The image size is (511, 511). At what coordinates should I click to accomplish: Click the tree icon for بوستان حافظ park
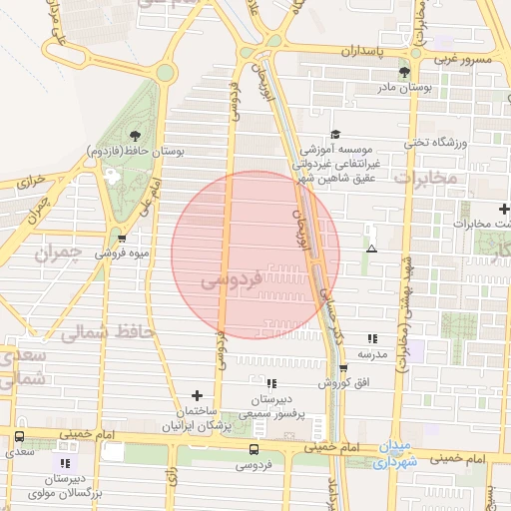coord(134,136)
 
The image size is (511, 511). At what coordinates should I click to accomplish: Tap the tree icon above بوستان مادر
coord(404,72)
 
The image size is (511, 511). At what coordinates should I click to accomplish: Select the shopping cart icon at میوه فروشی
coord(121,239)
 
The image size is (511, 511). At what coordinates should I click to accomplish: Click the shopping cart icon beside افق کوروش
coord(343,368)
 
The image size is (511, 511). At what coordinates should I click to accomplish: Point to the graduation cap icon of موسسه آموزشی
coord(334,134)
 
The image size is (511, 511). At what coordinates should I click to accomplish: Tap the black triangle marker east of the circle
coord(371,249)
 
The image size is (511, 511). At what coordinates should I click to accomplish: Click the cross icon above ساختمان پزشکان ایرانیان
coord(197,396)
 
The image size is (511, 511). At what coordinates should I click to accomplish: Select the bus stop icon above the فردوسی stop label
coord(253,449)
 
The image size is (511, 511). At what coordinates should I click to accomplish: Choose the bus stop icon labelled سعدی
coord(19,437)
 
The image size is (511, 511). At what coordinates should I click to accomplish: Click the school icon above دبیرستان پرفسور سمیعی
coord(270,383)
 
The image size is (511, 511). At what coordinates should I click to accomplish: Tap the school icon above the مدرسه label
coord(372,339)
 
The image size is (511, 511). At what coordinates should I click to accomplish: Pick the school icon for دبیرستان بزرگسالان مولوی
coord(65,464)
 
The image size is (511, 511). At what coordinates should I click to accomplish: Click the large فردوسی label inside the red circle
coord(233,279)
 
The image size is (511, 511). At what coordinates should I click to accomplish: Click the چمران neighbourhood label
coord(56,255)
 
